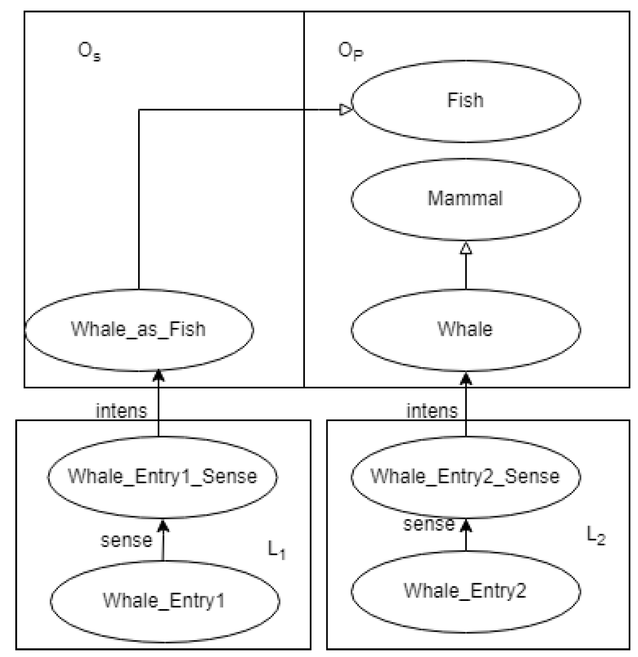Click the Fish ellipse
pyautogui.click(x=465, y=101)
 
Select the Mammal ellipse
pyautogui.click(x=465, y=199)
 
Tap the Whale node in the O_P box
pyautogui.click(x=465, y=329)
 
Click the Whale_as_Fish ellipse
pyautogui.click(x=139, y=329)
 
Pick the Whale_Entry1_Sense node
pyautogui.click(x=162, y=477)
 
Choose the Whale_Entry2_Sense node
pyautogui.click(x=465, y=477)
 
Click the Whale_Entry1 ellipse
pyautogui.click(x=164, y=601)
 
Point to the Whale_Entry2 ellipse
pyautogui.click(x=465, y=591)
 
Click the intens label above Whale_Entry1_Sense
pyautogui.click(x=121, y=411)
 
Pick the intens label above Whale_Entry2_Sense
pyautogui.click(x=432, y=411)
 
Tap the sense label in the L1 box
pyautogui.click(x=126, y=541)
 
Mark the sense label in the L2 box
pyautogui.click(x=428, y=524)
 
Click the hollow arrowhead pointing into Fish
pyautogui.click(x=346, y=109)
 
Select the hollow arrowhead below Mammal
pyautogui.click(x=466, y=248)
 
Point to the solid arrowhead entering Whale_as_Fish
pyautogui.click(x=158, y=376)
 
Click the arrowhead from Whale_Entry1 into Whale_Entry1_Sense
pyautogui.click(x=163, y=526)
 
